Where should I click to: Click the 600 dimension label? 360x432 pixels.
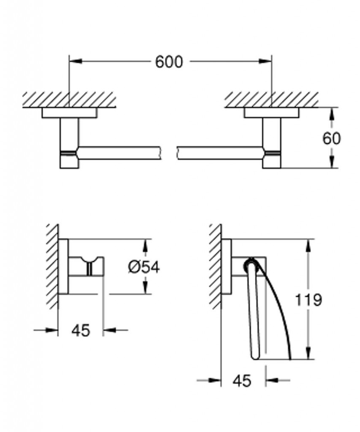[x=169, y=62]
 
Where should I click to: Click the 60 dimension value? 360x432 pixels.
[x=332, y=138]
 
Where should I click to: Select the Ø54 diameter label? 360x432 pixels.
[x=144, y=267]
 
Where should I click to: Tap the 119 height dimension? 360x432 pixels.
[x=308, y=300]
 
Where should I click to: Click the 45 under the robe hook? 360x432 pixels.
[x=81, y=330]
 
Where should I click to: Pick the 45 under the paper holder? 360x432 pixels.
[x=242, y=381]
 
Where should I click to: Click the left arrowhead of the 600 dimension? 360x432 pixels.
[x=75, y=61]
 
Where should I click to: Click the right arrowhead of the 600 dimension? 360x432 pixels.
[x=265, y=61]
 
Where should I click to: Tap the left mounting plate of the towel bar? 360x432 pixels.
[x=69, y=113]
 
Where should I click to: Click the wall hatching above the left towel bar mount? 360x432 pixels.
[x=69, y=100]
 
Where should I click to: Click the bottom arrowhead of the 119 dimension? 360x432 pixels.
[x=309, y=353]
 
